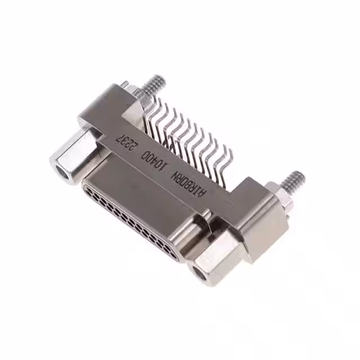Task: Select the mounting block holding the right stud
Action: click(x=261, y=219)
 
